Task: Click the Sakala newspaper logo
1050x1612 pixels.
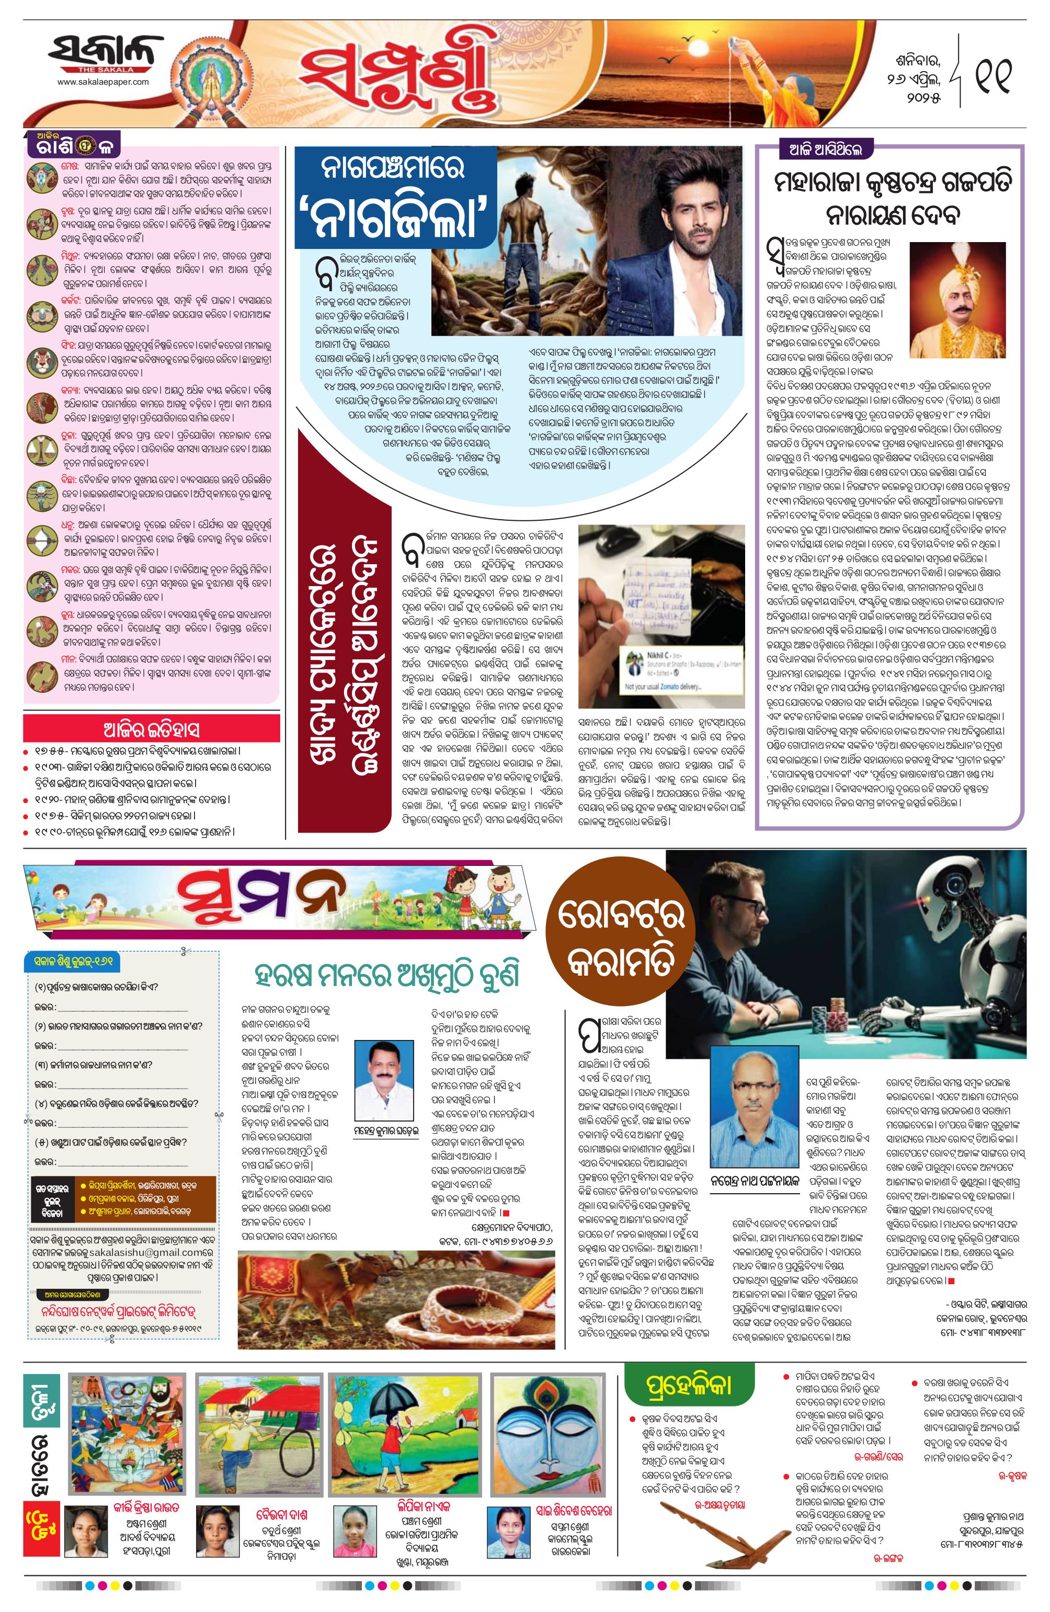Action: (x=105, y=54)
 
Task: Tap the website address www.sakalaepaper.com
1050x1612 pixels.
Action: (x=103, y=82)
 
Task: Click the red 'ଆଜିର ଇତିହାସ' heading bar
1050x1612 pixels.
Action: (x=151, y=729)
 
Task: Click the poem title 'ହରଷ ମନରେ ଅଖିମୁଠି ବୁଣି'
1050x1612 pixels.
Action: (x=387, y=977)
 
